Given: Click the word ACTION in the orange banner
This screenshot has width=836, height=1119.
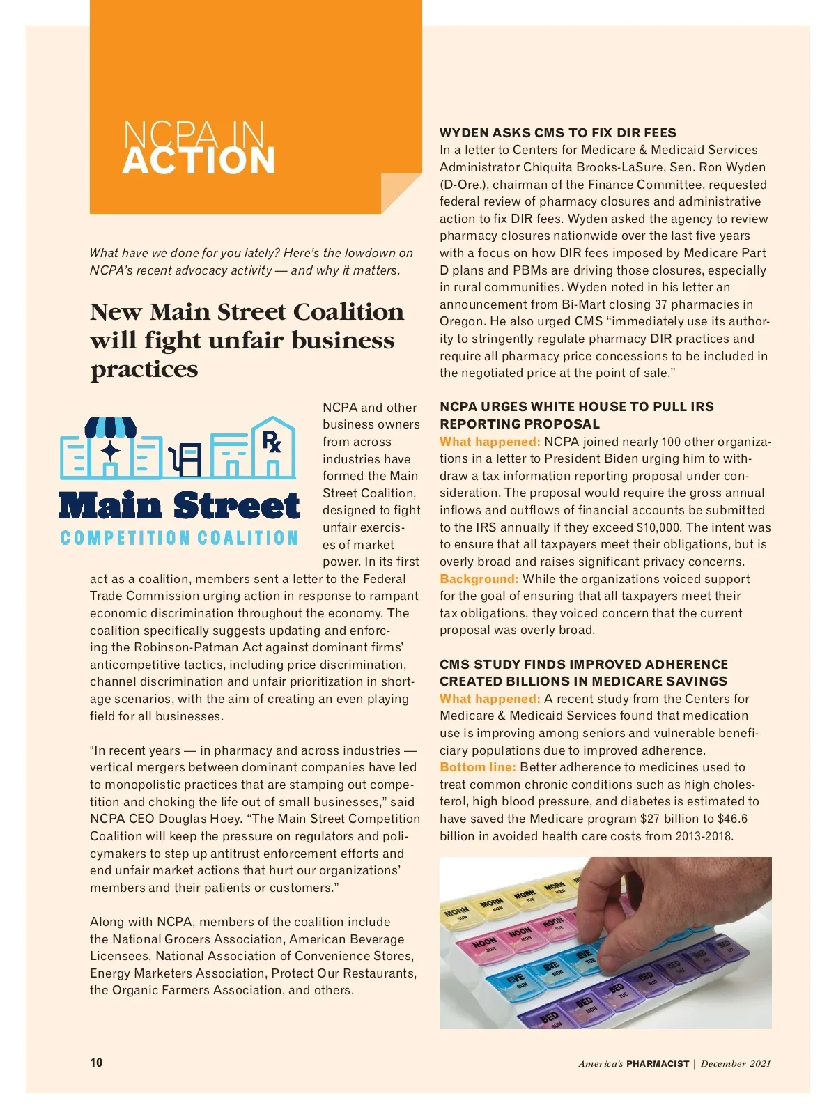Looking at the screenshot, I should click(199, 161).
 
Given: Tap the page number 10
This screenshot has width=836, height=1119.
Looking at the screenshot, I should click(96, 1062).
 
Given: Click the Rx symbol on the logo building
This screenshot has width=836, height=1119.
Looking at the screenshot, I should click(272, 442).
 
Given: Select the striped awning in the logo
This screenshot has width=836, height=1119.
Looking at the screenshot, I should click(110, 427).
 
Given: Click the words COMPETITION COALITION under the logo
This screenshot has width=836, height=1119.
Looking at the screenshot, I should click(179, 538).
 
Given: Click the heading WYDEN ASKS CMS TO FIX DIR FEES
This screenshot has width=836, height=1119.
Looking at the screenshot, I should click(557, 132).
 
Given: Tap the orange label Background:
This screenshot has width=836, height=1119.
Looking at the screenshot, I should click(479, 579).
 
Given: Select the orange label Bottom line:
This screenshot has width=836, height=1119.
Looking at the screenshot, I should click(477, 767).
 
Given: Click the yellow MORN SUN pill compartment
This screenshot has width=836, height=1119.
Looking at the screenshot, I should click(457, 914).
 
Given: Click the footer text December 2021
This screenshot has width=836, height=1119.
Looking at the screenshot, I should click(736, 1063).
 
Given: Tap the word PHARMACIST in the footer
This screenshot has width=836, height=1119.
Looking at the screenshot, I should click(657, 1063).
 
